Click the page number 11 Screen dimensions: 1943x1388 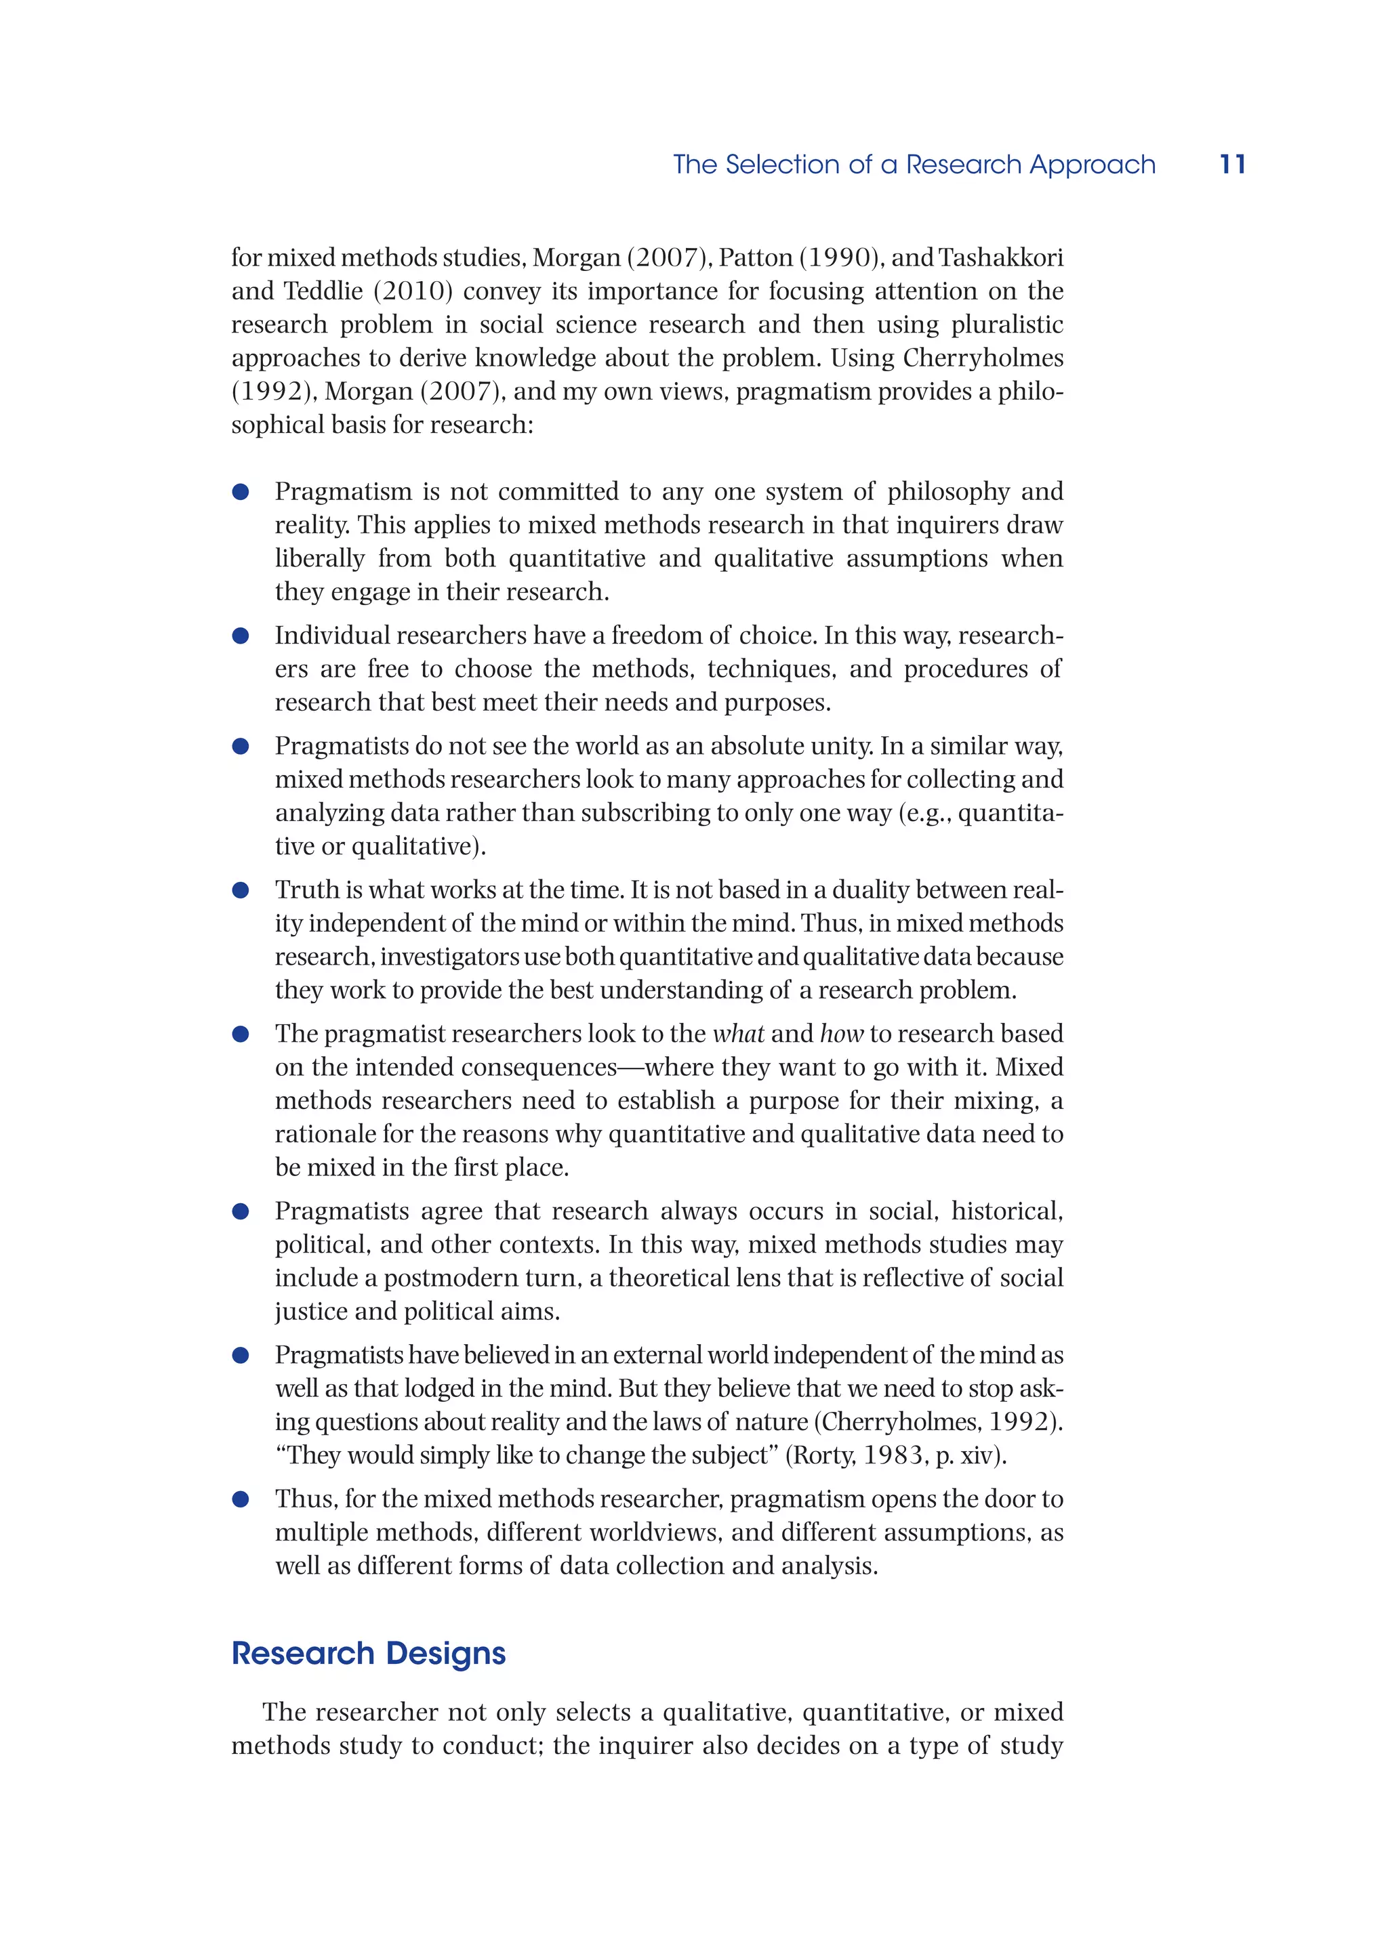[x=1231, y=164]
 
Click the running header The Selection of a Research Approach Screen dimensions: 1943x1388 [x=914, y=164]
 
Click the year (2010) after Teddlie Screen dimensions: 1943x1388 [x=412, y=291]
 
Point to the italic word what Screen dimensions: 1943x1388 [x=739, y=1033]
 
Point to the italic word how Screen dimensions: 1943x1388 [x=842, y=1033]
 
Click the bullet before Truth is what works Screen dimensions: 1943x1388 [x=241, y=890]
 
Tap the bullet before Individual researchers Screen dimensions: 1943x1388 [x=241, y=635]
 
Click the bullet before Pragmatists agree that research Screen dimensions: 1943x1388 [x=241, y=1211]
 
